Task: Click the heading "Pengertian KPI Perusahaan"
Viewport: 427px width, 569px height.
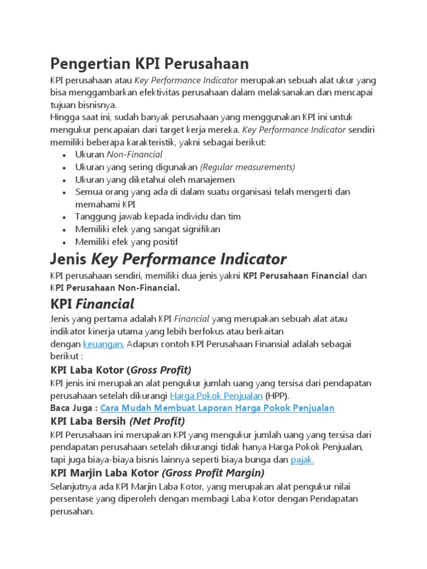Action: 149,62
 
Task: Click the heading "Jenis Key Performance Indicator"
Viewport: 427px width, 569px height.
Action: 168,258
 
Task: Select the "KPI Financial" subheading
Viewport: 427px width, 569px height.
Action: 92,303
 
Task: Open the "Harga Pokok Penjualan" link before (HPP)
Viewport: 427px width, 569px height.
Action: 216,396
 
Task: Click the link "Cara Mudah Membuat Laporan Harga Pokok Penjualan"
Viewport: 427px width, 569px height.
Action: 217,408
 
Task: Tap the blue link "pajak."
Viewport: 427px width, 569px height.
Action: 302,460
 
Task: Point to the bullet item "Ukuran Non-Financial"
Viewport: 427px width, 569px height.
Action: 119,154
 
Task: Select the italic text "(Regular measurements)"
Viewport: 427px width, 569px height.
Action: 247,167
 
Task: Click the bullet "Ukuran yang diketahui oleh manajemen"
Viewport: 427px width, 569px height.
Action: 155,179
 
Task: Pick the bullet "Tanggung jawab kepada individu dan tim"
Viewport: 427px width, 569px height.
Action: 158,217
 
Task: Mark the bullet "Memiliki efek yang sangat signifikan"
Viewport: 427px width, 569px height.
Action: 148,229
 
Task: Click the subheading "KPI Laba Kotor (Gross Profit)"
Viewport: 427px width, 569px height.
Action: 121,370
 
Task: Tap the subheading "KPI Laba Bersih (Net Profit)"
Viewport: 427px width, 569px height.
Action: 117,421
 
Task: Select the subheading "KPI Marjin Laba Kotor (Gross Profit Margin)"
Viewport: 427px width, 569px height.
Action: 157,473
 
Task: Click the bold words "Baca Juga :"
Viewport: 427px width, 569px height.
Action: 74,408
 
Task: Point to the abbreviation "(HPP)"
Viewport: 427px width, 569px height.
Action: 277,396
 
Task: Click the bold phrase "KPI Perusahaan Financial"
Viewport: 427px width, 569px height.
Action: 296,276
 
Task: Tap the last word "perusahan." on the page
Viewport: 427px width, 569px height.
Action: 72,511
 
